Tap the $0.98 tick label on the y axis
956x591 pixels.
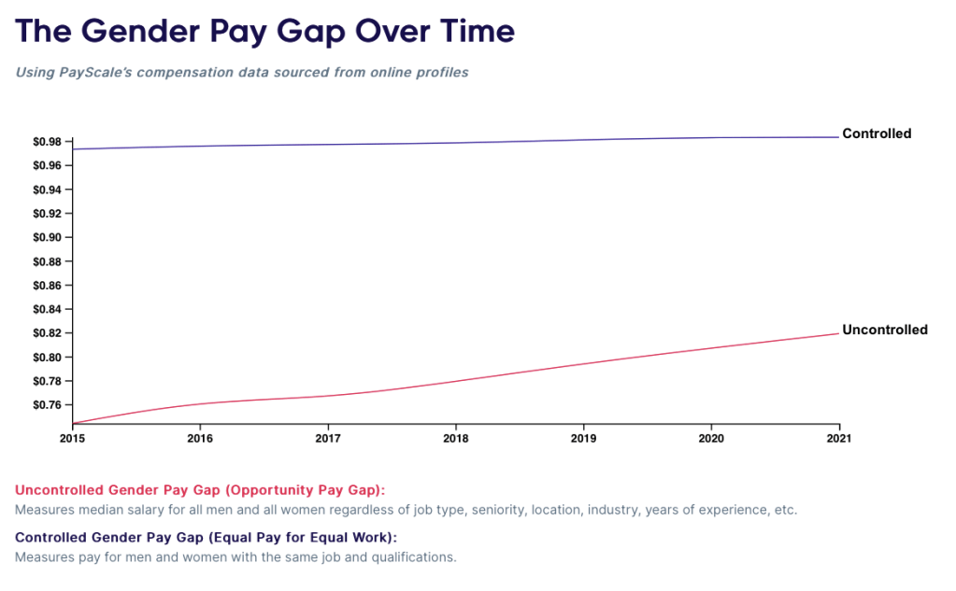pyautogui.click(x=47, y=142)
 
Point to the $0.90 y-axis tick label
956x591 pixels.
pyautogui.click(x=47, y=237)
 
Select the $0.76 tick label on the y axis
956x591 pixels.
pyautogui.click(x=47, y=405)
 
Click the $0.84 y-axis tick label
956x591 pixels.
pyautogui.click(x=47, y=309)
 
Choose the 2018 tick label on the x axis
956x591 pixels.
pyautogui.click(x=455, y=437)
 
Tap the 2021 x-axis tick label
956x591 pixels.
pyautogui.click(x=839, y=437)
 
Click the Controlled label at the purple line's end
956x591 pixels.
pyautogui.click(x=876, y=134)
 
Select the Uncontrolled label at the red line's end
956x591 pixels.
pyautogui.click(x=884, y=330)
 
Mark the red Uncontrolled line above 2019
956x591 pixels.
pyautogui.click(x=583, y=363)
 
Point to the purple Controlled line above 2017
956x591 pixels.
pyautogui.click(x=327, y=145)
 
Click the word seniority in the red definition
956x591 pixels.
pyautogui.click(x=500, y=510)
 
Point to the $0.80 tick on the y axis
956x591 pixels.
pyautogui.click(x=47, y=358)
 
